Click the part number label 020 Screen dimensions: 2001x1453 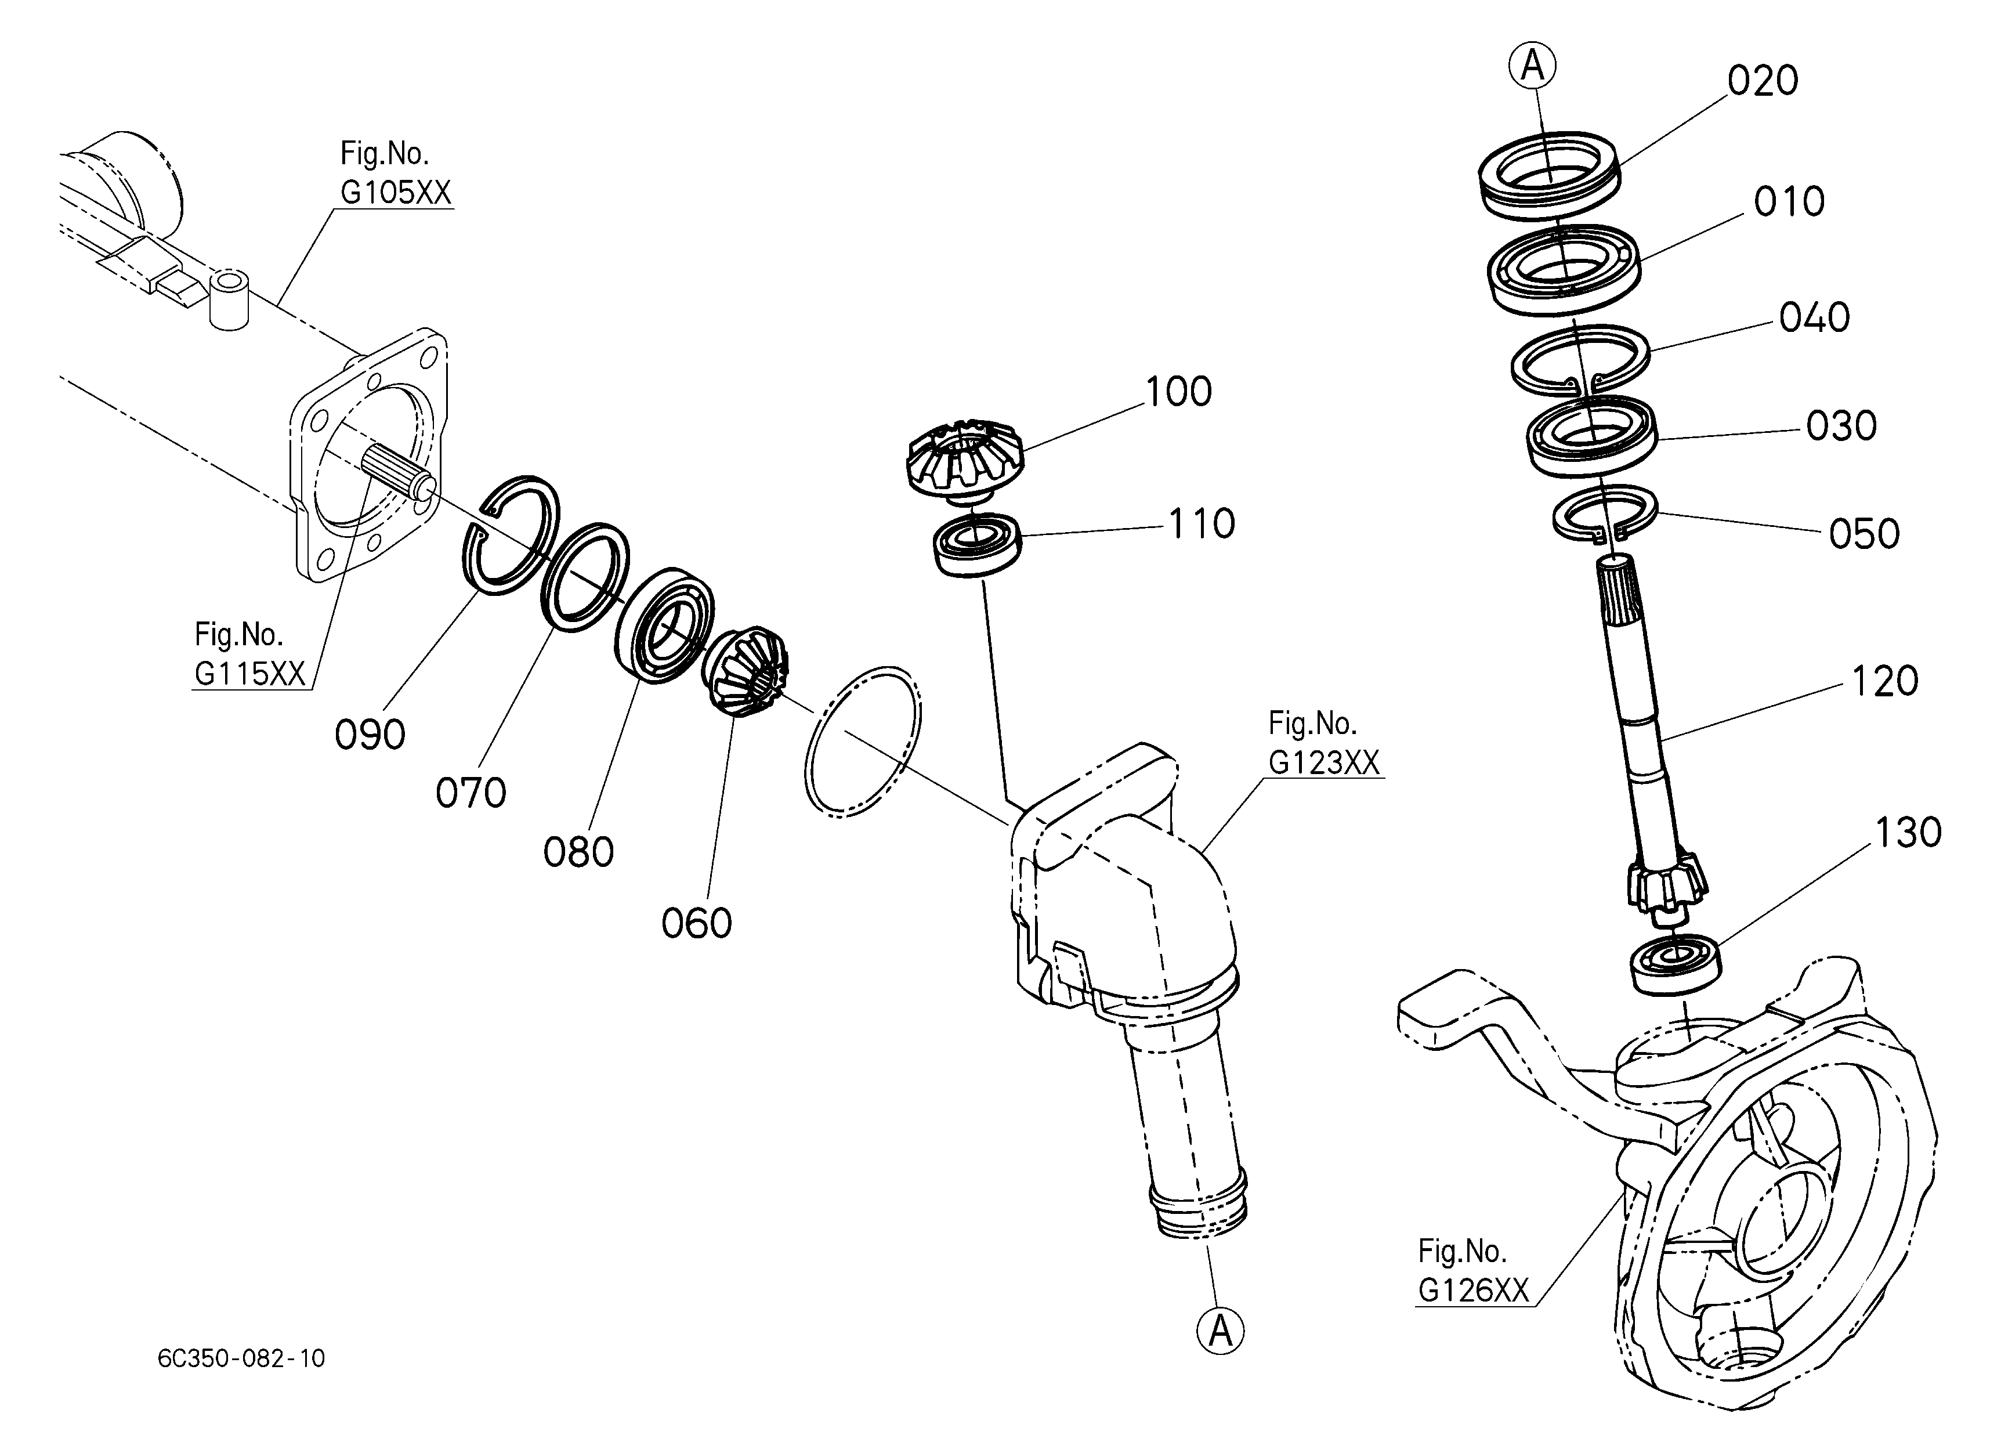tap(1763, 81)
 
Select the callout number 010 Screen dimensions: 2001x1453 tap(1789, 202)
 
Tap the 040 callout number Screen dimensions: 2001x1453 tap(1814, 317)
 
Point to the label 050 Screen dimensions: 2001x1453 tap(1864, 534)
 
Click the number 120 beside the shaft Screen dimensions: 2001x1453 tap(1884, 681)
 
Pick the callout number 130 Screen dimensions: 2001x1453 tap(1908, 833)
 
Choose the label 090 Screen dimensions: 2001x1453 tap(370, 735)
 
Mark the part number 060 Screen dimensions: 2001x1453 tap(696, 924)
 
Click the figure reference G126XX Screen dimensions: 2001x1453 tap(1472, 1291)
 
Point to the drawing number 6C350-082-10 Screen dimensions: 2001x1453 tap(241, 1358)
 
